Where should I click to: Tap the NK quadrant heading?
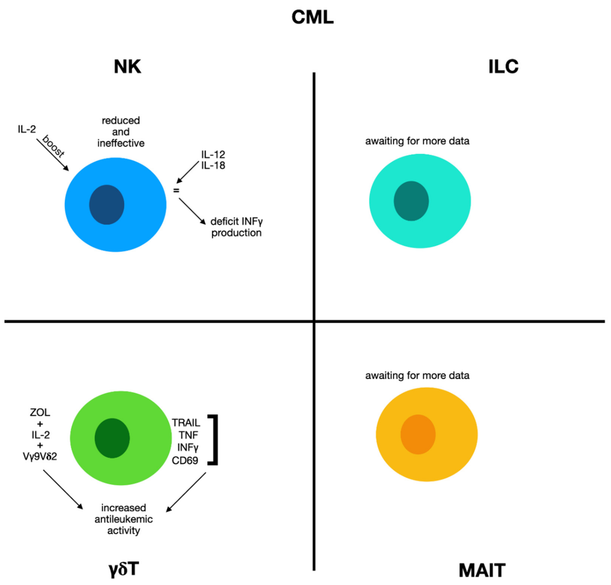coord(127,66)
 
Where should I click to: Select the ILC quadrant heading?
coord(503,66)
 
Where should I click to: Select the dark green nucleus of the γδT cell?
coord(112,438)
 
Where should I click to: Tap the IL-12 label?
coord(213,154)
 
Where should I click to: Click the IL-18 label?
coord(213,165)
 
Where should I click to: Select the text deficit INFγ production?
coord(236,227)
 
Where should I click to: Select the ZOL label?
coord(40,412)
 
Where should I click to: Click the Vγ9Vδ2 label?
coord(40,457)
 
